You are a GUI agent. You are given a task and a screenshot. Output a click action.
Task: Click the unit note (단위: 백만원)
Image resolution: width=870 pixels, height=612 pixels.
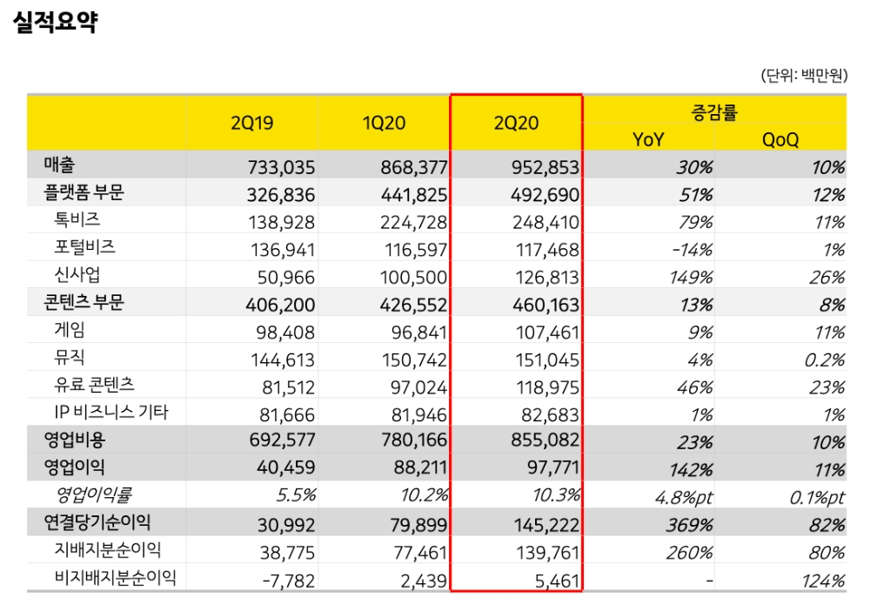pyautogui.click(x=803, y=77)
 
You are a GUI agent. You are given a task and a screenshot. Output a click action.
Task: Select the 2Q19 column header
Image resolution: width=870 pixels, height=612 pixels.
pyautogui.click(x=252, y=123)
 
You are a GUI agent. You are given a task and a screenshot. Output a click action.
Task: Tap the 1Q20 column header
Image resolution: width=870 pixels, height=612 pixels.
pyautogui.click(x=384, y=123)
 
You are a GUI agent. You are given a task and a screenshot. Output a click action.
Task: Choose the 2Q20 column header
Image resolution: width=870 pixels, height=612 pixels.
pyautogui.click(x=517, y=123)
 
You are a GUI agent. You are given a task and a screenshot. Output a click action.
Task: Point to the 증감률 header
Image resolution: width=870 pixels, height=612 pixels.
pyautogui.click(x=714, y=111)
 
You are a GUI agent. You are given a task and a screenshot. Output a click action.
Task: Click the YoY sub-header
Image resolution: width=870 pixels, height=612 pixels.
pyautogui.click(x=649, y=138)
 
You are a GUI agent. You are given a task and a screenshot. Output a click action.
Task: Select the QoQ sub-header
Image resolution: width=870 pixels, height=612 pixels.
pyautogui.click(x=780, y=138)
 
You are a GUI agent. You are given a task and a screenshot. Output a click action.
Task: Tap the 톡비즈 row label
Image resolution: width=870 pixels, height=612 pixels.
pyautogui.click(x=77, y=220)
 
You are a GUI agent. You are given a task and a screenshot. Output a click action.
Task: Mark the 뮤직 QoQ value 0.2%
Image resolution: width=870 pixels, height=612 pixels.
pyautogui.click(x=822, y=360)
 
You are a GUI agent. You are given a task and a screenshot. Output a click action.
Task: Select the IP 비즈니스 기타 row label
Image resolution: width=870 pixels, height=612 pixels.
pyautogui.click(x=112, y=413)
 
